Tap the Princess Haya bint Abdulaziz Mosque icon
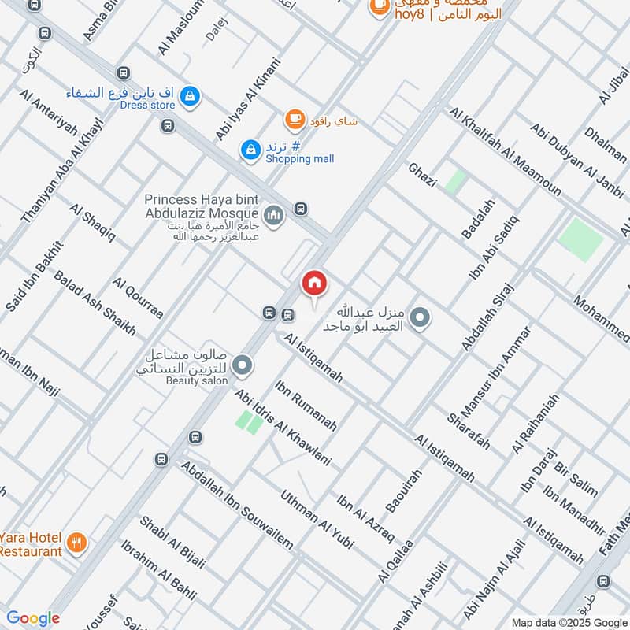(274, 214)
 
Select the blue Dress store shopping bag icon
(190, 98)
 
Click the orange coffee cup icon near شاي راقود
(295, 120)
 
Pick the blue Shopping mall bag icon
(250, 150)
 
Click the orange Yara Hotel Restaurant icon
(76, 542)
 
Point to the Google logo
(32, 619)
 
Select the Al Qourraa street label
(138, 298)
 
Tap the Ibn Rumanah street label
(306, 406)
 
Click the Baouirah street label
(404, 489)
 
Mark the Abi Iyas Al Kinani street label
(248, 99)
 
